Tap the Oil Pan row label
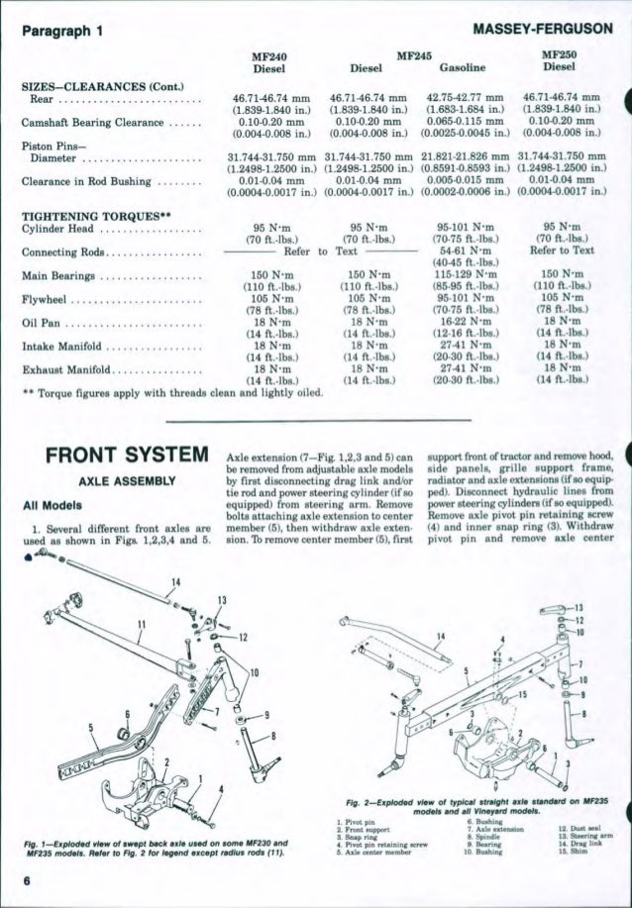click(51, 323)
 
